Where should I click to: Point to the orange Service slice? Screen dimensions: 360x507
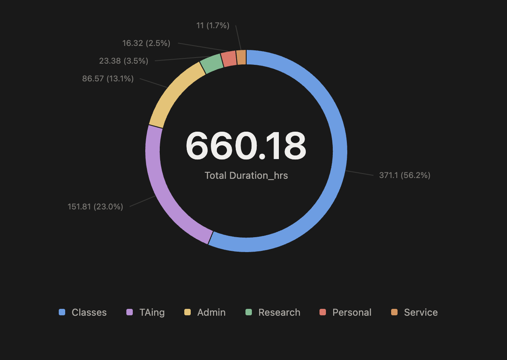241,57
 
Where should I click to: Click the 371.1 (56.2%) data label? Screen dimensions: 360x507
404,175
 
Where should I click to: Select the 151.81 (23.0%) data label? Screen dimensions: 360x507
95,207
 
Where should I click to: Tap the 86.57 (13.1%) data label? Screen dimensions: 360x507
108,79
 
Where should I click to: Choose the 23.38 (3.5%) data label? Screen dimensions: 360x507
124,61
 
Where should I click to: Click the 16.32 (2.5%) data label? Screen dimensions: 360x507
146,43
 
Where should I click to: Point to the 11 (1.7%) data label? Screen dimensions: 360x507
212,26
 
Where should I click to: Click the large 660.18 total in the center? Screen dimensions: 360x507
246,146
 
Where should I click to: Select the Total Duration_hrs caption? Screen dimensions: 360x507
246,176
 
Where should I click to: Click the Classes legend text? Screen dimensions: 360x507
89,312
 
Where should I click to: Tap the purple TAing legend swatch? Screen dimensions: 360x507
130,312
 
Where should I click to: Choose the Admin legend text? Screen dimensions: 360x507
211,312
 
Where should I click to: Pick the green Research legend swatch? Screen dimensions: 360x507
249,312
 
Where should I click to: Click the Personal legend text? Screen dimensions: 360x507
352,312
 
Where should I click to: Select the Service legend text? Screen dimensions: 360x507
420,312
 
